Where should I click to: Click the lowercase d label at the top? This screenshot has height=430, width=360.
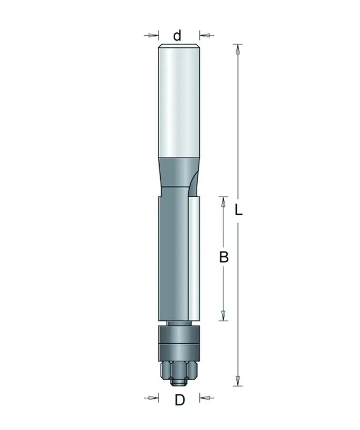[177, 35]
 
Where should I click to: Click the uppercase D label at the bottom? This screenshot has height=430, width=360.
[179, 400]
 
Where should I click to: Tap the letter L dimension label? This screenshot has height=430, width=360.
[239, 210]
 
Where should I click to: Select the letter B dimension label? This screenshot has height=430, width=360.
[224, 257]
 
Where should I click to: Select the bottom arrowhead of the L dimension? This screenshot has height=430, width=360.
[237, 381]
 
